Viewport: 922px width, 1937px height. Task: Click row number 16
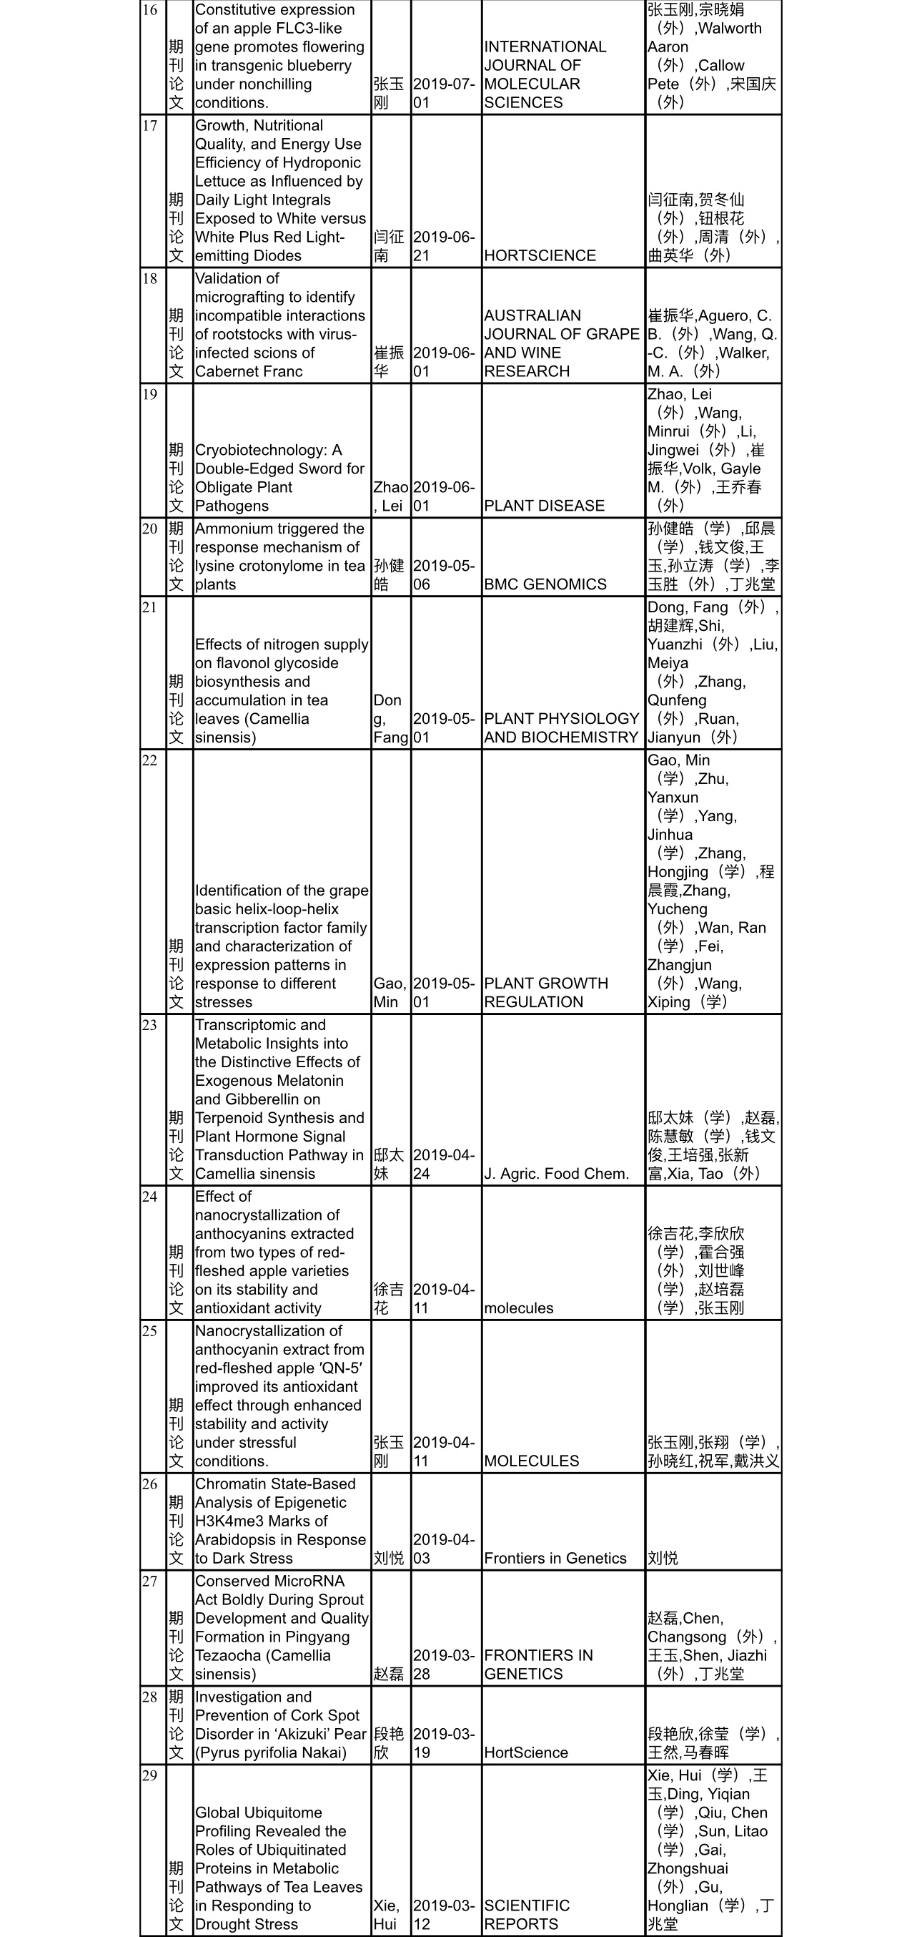149,11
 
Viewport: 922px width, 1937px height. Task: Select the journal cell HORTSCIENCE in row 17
540,255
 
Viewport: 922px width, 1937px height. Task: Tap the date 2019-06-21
443,247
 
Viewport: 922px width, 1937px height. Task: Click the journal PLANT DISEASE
544,506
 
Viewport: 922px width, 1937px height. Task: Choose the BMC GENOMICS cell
545,584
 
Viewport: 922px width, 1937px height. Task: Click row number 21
149,607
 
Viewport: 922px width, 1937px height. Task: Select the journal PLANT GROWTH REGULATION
545,993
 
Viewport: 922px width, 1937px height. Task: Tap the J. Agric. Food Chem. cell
556,1174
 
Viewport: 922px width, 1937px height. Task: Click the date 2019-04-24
443,1164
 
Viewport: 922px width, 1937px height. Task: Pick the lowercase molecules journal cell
518,1308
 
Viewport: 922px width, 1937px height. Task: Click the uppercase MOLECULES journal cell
531,1461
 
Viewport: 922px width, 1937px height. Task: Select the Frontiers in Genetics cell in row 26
555,1558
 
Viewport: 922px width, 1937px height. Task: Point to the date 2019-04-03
443,1549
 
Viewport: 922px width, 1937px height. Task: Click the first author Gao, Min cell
390,993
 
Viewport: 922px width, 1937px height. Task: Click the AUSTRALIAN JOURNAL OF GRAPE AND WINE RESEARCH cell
561,343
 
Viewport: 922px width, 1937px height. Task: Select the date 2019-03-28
443,1664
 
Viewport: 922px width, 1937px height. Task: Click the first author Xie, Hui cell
386,1914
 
